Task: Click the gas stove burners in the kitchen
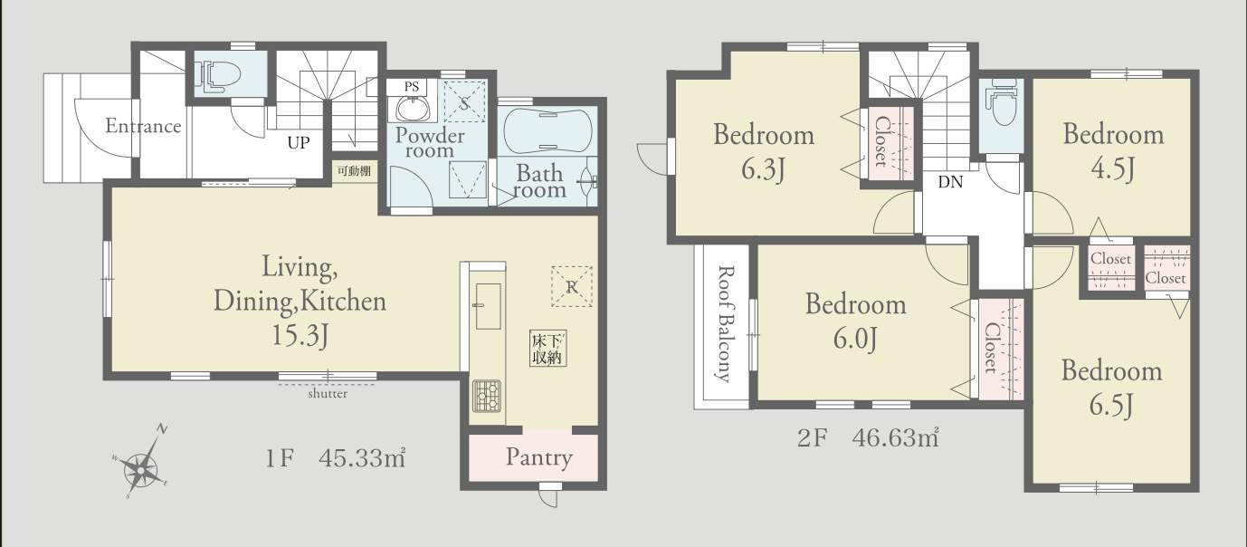(x=486, y=395)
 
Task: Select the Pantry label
(x=538, y=457)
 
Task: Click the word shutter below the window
(x=328, y=394)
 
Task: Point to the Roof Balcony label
(x=725, y=323)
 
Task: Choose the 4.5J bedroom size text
(x=1114, y=168)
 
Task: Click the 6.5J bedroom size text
(x=1112, y=405)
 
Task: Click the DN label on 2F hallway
(x=950, y=182)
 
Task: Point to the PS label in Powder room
(x=412, y=87)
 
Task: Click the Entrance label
(x=144, y=126)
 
